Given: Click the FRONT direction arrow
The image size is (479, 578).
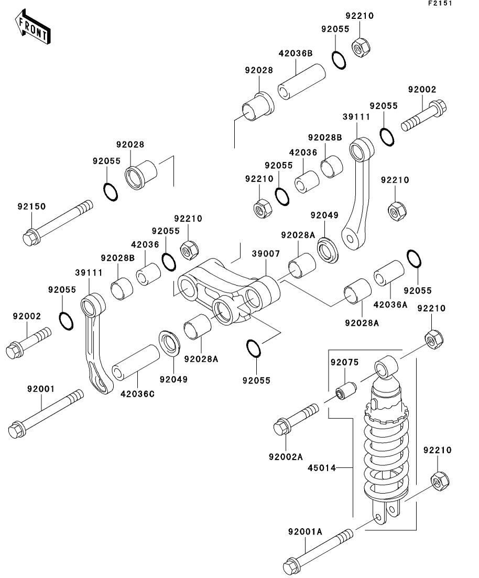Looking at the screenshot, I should coord(32,28).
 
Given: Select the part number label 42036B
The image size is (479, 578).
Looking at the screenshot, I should coord(295,53).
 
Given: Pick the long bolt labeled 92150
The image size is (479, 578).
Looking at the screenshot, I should coord(58,223).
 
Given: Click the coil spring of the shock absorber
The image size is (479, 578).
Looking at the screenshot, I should coord(388,451).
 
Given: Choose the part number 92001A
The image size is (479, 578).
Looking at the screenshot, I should coord(304,531).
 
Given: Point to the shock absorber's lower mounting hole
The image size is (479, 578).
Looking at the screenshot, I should coord(378,517).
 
